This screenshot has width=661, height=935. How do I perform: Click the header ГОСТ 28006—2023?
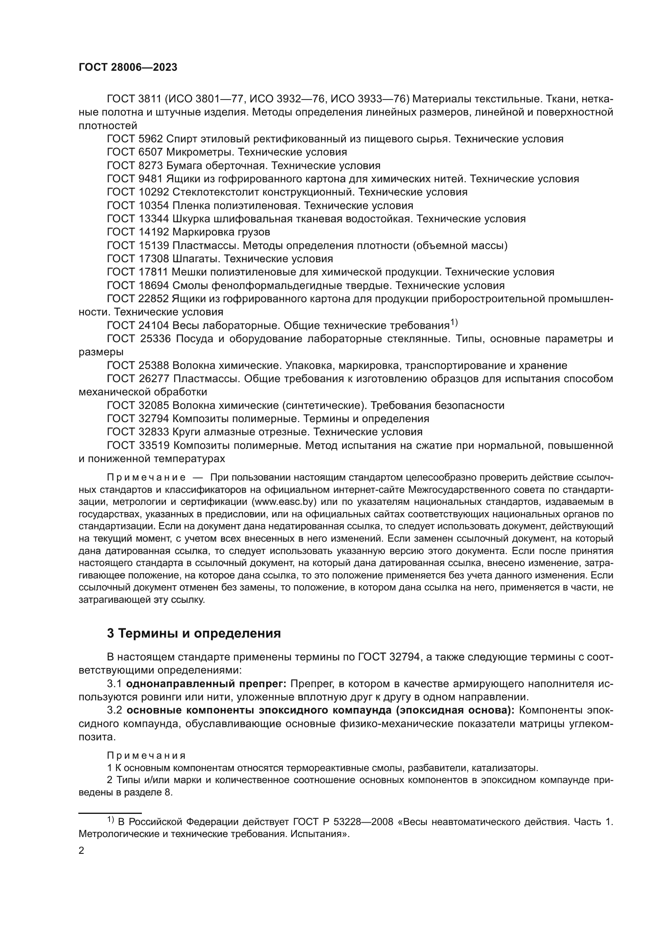click(128, 68)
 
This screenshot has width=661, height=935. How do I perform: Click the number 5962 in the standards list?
click(151, 139)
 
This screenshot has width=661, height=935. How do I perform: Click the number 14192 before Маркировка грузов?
click(153, 232)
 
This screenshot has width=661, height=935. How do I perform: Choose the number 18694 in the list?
click(153, 285)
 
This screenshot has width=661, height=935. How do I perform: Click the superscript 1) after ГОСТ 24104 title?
click(454, 323)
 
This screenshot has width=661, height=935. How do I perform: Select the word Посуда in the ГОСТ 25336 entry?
click(195, 339)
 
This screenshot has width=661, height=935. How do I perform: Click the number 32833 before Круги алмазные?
click(153, 432)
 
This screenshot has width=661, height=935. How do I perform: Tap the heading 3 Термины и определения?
click(194, 633)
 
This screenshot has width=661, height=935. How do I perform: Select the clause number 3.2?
click(115, 710)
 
